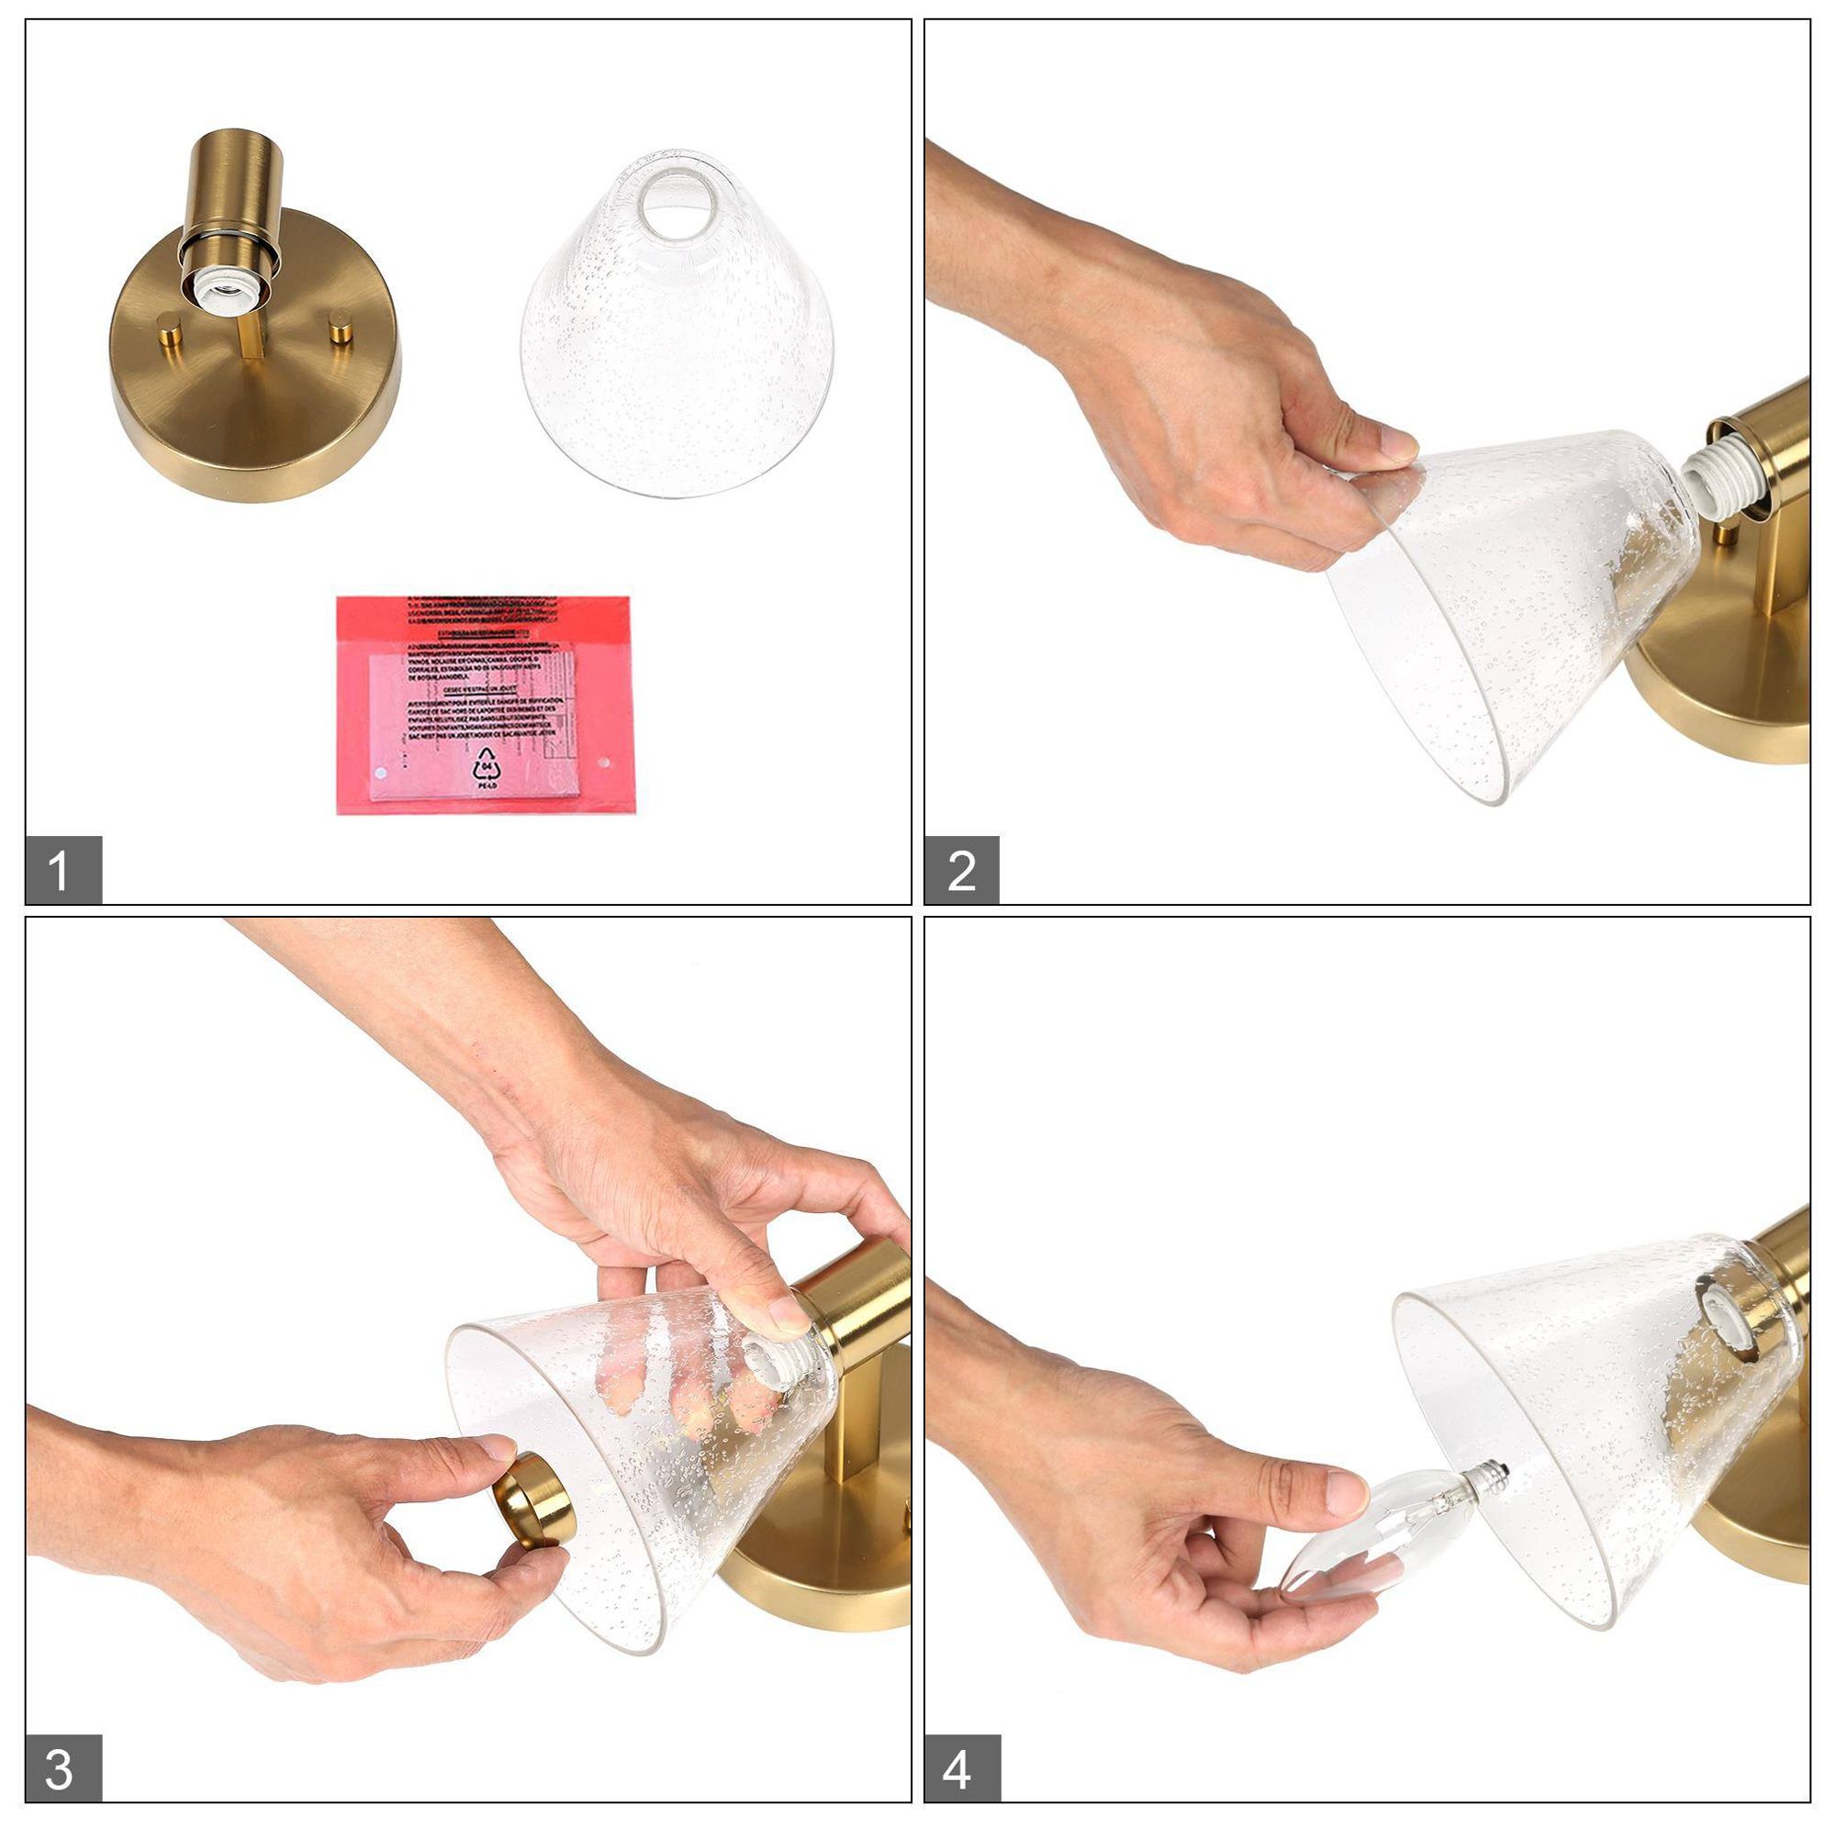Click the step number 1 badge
tap(62, 869)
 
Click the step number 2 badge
tap(961, 869)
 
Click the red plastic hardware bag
tap(483, 704)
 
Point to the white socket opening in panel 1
tap(226, 284)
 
